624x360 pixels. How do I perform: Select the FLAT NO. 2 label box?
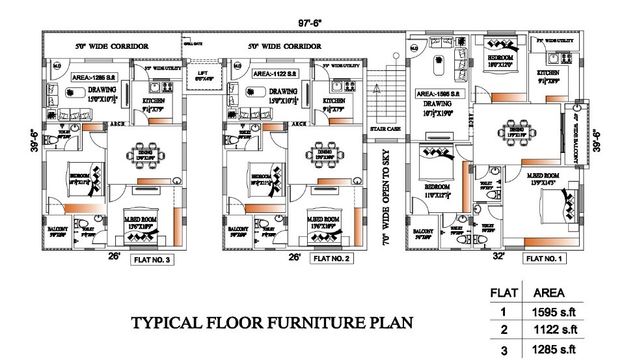[x=332, y=259]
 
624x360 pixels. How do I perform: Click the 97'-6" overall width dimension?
[x=310, y=23]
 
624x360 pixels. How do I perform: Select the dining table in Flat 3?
[x=141, y=154]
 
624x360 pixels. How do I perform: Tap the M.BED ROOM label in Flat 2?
[x=323, y=218]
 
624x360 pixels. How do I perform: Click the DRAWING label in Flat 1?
[x=437, y=104]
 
